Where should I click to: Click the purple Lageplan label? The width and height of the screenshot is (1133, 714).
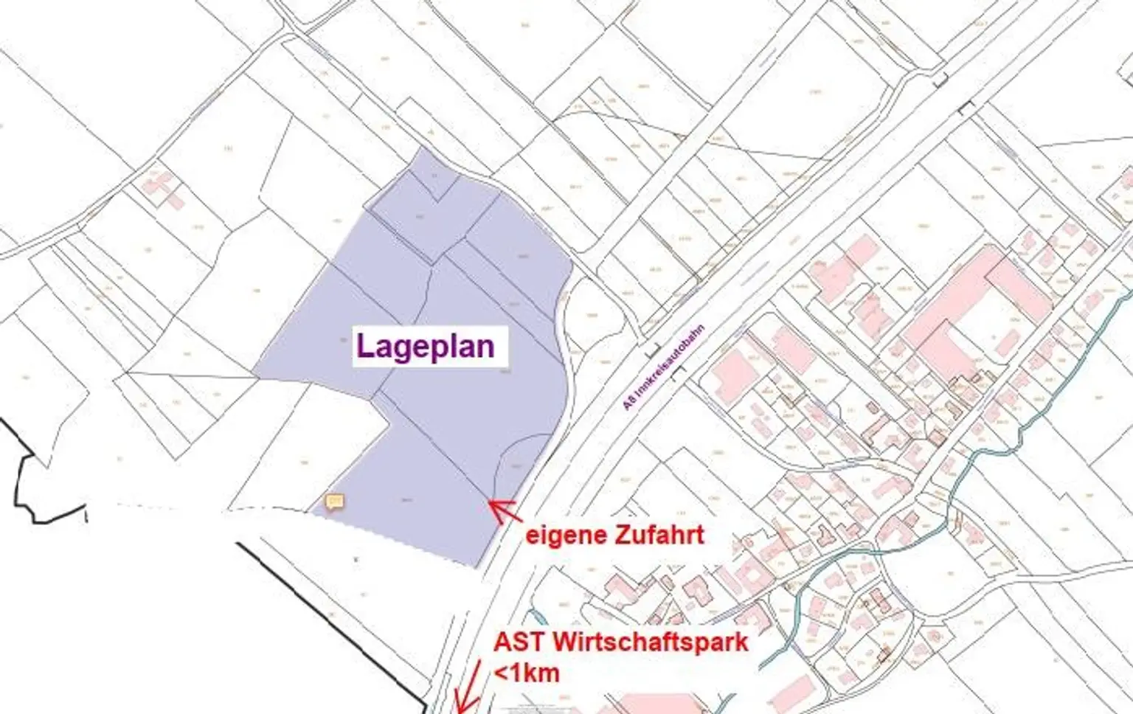coord(426,346)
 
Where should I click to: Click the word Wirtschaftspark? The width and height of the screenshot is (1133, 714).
coord(650,642)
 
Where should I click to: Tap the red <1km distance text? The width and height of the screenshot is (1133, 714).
coord(527,673)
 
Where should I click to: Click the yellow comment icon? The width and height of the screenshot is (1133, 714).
coord(335,502)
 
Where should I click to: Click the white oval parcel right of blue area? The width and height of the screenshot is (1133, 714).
coord(595,313)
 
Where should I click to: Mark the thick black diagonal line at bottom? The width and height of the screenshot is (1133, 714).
coord(332,620)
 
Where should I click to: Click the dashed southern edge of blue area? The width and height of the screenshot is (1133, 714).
coord(398,538)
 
